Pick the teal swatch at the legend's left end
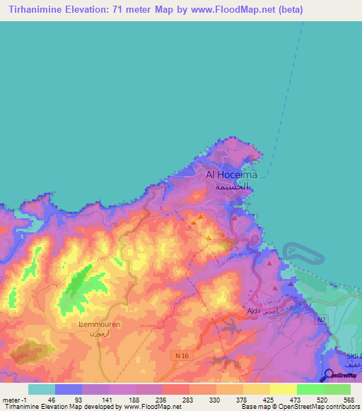42,388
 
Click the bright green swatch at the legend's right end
337,388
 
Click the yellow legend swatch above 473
283,388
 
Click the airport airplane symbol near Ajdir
230,326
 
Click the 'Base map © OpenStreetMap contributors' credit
299,407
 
